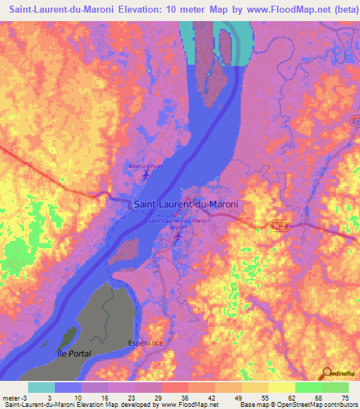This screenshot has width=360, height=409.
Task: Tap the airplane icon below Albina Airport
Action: click(x=146, y=174)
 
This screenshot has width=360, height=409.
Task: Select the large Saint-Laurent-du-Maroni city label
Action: click(x=186, y=204)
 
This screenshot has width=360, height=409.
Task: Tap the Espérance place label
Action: click(x=146, y=343)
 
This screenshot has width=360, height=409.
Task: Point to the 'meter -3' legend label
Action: click(x=15, y=398)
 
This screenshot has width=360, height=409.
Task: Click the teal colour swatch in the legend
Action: click(x=41, y=387)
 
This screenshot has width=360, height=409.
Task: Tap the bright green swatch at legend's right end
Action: click(x=335, y=387)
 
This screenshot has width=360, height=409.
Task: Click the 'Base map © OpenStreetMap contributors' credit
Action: click(x=297, y=405)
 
